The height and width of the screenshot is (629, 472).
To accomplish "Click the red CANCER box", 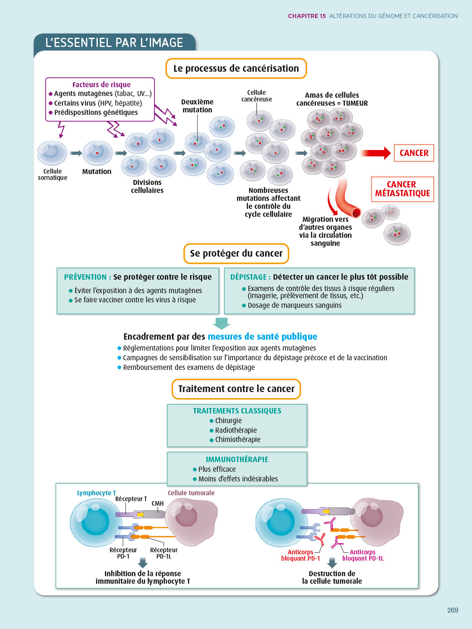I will tap(414, 153).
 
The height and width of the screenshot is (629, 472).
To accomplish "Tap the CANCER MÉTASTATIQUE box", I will tap(402, 189).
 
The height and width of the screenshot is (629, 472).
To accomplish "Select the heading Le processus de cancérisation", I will tap(236, 68).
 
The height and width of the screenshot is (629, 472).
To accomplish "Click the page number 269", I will tap(452, 610).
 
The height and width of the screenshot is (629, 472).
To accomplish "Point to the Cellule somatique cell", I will tap(52, 153).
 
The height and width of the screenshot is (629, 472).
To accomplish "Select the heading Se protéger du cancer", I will tap(236, 253).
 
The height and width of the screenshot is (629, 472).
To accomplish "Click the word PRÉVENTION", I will tap(85, 277).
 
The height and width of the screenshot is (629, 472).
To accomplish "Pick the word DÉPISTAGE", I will tap(248, 277).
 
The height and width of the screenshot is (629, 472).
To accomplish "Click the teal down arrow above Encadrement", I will tap(222, 323).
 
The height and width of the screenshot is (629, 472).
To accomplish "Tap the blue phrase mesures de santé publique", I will tap(262, 337).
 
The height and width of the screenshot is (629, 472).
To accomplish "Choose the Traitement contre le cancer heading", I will tap(236, 389).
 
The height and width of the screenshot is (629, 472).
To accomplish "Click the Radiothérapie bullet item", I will tap(236, 430).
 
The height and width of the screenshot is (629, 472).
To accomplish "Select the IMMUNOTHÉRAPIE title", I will tap(237, 460).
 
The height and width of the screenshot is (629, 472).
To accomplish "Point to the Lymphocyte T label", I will tap(96, 493).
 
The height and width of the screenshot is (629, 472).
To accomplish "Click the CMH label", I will tap(158, 504).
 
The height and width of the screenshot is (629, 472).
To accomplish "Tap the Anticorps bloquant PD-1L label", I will tap(362, 555).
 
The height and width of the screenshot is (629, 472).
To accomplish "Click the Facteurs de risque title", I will tap(102, 85).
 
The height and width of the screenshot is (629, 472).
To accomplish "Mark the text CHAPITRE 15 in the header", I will tap(307, 16).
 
